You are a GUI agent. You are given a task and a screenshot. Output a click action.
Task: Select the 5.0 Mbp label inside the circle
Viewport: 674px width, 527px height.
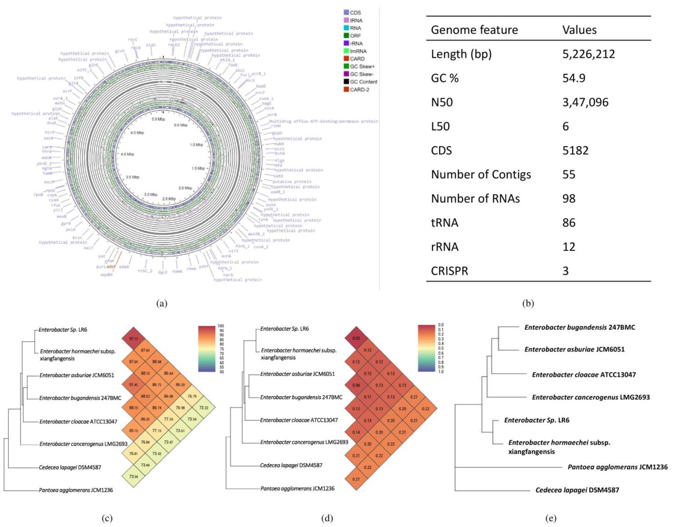(158, 119)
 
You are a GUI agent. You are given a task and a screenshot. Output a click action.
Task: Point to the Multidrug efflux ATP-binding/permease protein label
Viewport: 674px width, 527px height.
(323, 121)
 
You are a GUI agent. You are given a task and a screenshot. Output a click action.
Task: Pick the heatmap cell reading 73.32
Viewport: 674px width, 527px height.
(203, 408)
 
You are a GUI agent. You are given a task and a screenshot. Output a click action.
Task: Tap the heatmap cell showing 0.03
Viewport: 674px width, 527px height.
(356, 338)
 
